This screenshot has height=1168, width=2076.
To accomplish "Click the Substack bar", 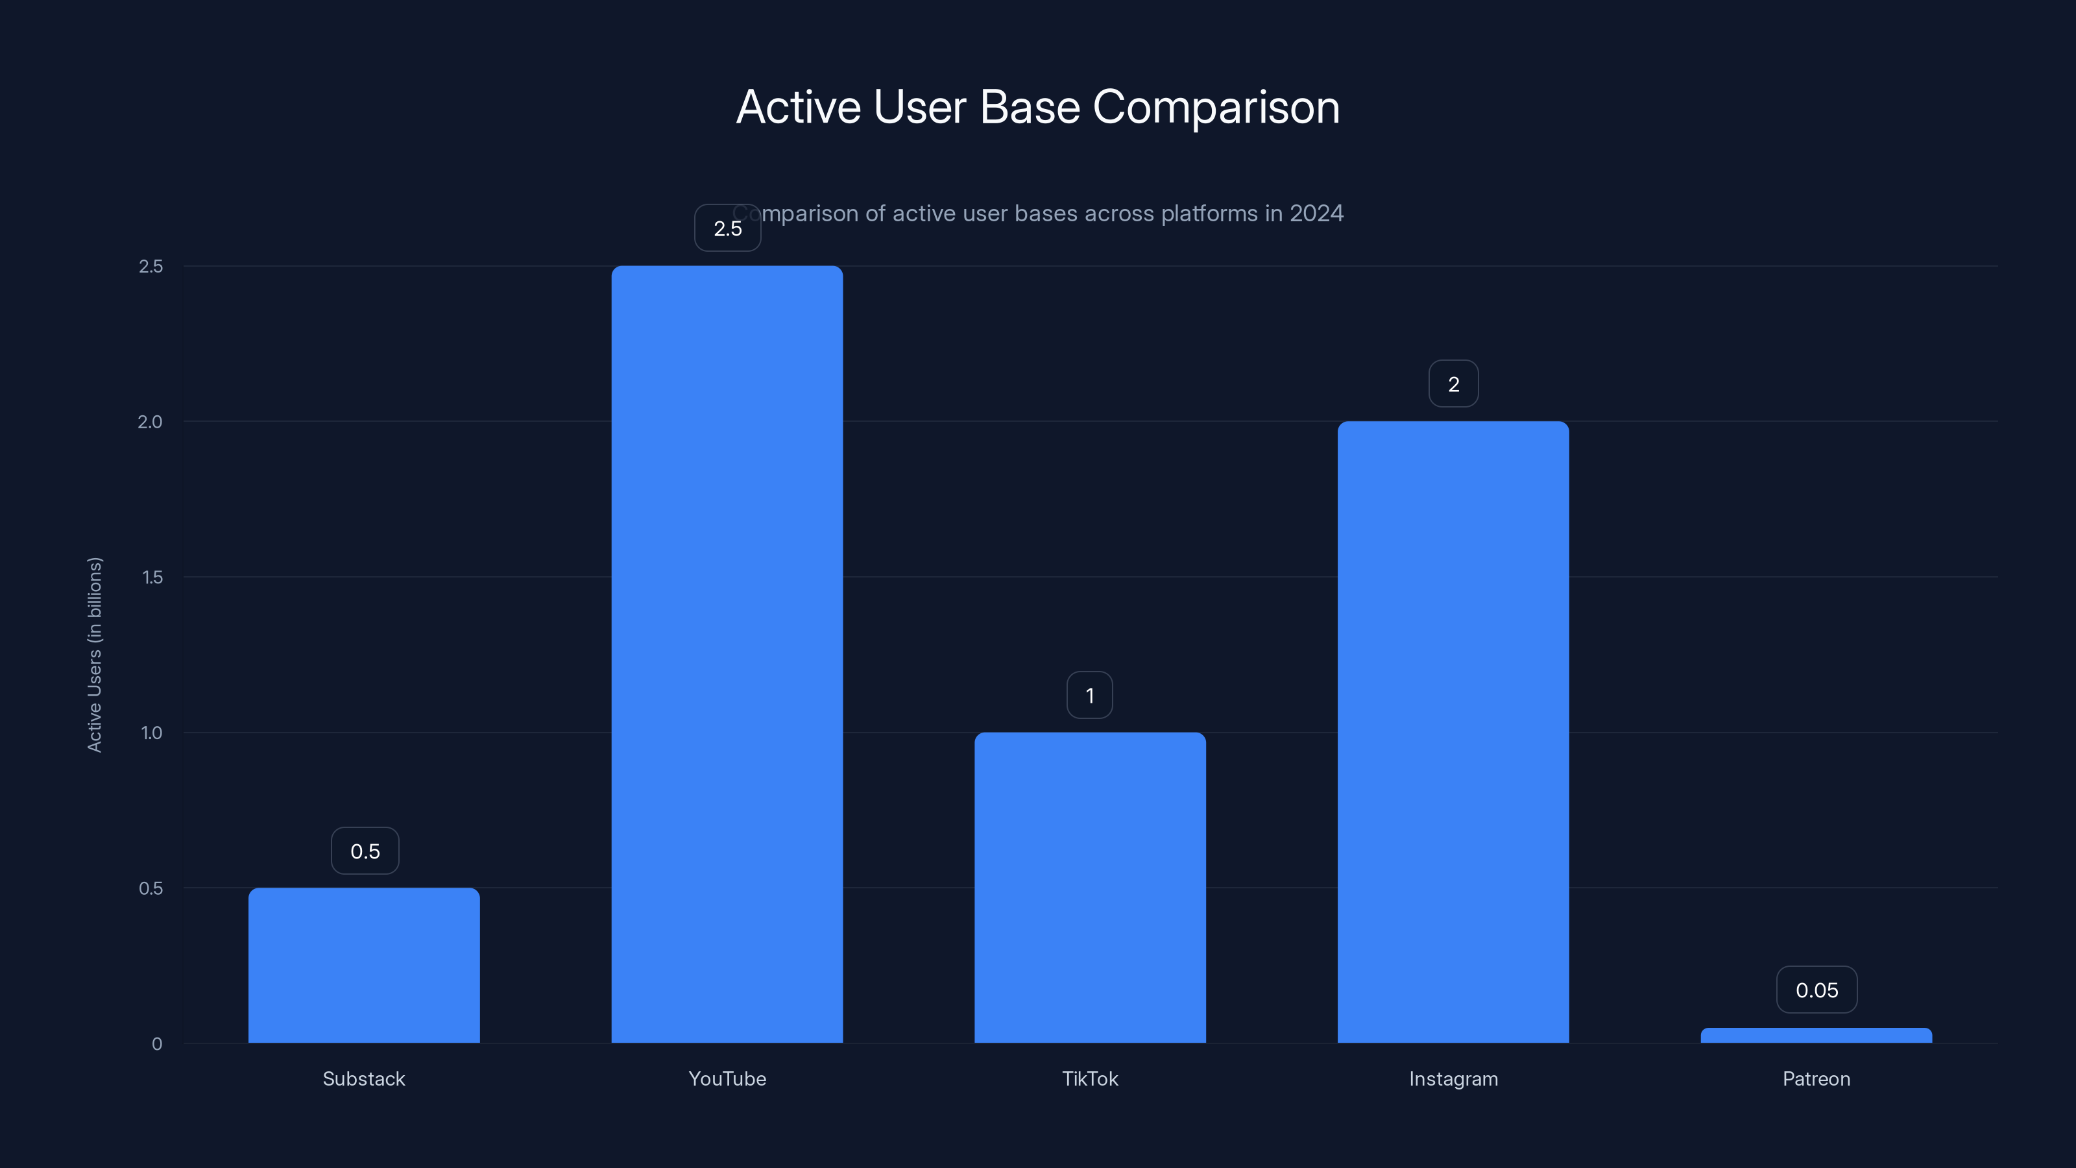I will click(363, 965).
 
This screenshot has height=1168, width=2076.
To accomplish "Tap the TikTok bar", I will click(1090, 888).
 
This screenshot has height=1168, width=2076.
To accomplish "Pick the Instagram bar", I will click(1453, 732).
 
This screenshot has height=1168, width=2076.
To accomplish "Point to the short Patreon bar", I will click(1816, 1035).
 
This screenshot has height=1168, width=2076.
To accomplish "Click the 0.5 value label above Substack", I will click(365, 851).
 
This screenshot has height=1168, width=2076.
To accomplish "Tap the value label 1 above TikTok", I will click(1090, 696).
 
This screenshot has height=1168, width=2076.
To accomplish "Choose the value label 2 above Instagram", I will click(1453, 383).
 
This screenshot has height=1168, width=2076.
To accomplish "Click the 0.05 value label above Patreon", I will click(1817, 990).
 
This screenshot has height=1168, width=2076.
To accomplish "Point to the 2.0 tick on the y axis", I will click(150, 422).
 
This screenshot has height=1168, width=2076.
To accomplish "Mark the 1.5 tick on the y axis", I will click(152, 577).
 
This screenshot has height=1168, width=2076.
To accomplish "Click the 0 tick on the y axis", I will click(157, 1044).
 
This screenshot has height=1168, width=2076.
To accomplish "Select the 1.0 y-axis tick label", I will click(152, 733).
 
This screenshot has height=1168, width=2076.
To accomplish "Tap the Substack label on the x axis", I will click(363, 1078).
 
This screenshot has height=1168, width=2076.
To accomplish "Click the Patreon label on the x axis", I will click(1816, 1078).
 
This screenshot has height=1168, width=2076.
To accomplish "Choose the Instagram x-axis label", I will click(1453, 1078).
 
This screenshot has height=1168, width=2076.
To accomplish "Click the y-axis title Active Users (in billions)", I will click(95, 655).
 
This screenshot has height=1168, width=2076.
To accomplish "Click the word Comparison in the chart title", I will click(1215, 107).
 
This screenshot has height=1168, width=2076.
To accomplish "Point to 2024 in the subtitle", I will click(1316, 213).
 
